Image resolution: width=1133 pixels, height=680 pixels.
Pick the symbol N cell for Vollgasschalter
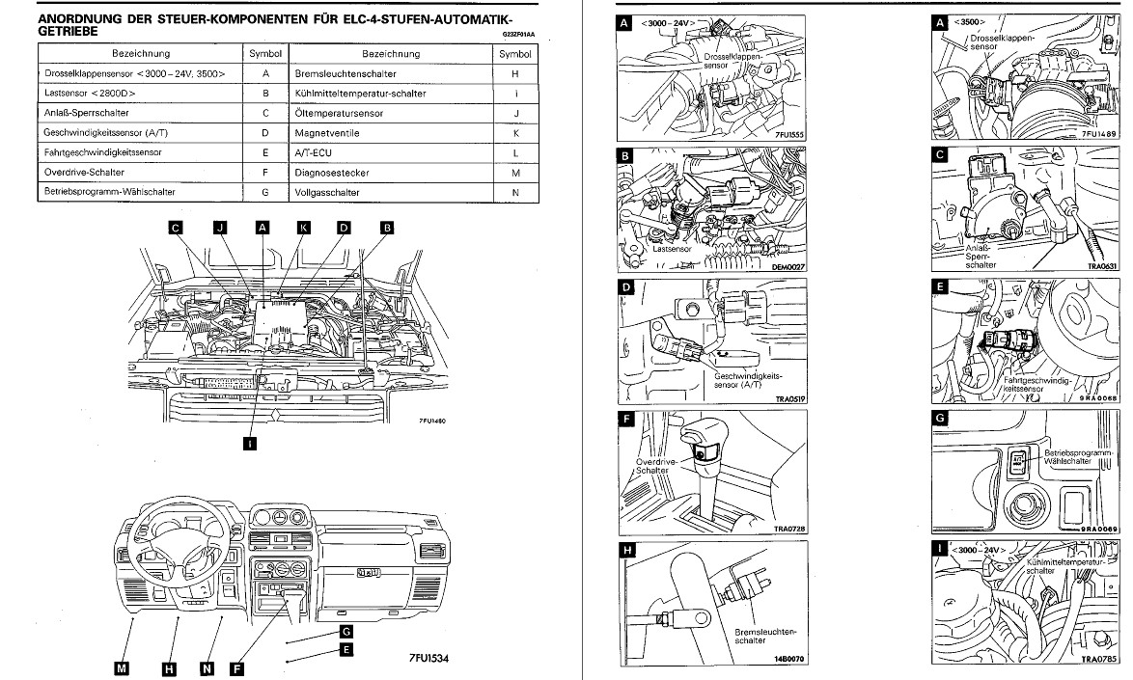point(515,193)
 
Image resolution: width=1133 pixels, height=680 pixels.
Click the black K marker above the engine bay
point(303,229)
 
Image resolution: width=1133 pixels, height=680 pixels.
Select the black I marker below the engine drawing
point(250,444)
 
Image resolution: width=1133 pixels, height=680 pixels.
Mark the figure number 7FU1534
point(428,659)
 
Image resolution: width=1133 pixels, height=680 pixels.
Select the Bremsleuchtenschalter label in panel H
point(765,636)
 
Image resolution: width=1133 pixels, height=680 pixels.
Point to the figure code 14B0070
point(787,660)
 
